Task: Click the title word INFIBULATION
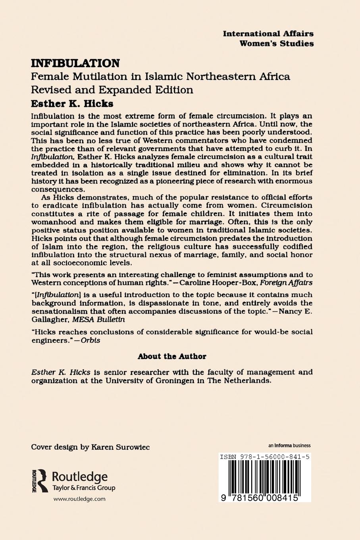click(x=75, y=64)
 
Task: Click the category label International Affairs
click(x=268, y=34)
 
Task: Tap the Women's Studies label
click(x=277, y=43)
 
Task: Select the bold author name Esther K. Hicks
click(x=72, y=104)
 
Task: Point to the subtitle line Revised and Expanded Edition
click(x=112, y=90)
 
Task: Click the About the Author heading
click(x=172, y=356)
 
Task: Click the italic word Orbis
click(x=90, y=340)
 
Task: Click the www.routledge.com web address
click(x=79, y=499)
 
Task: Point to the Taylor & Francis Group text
click(x=84, y=488)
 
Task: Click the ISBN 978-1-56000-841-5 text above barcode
click(x=264, y=457)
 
